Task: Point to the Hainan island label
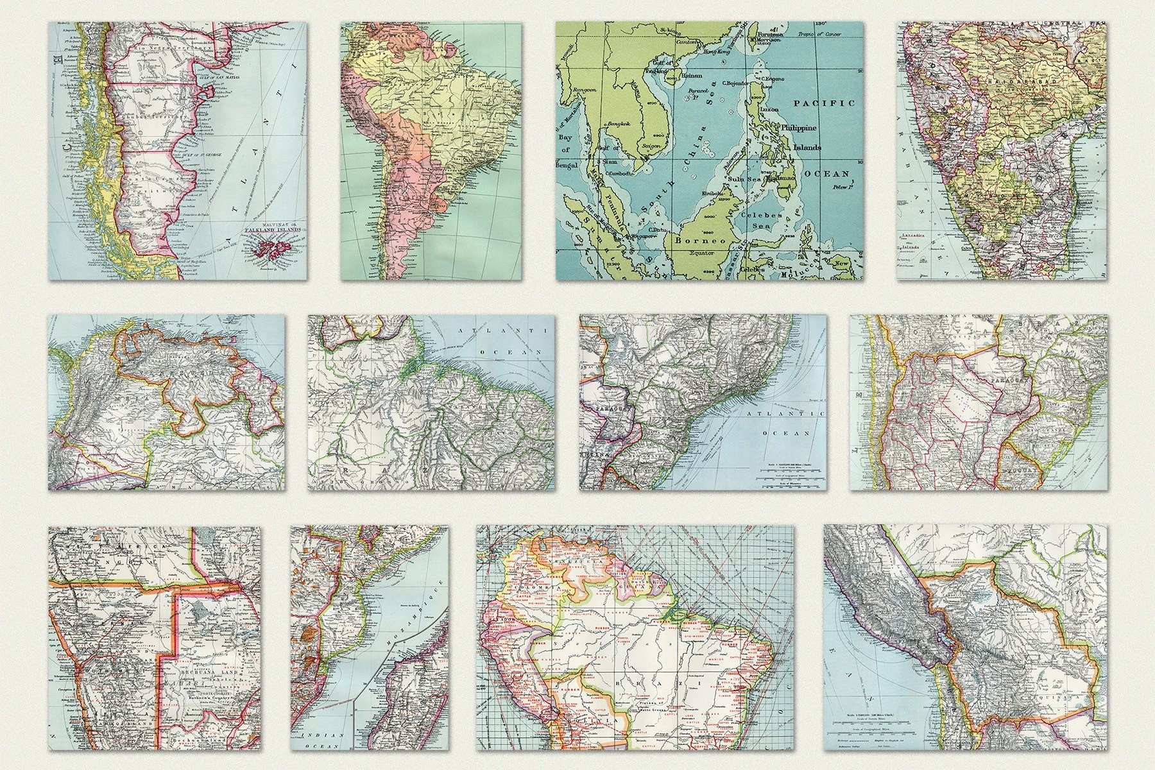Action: coord(692,75)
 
